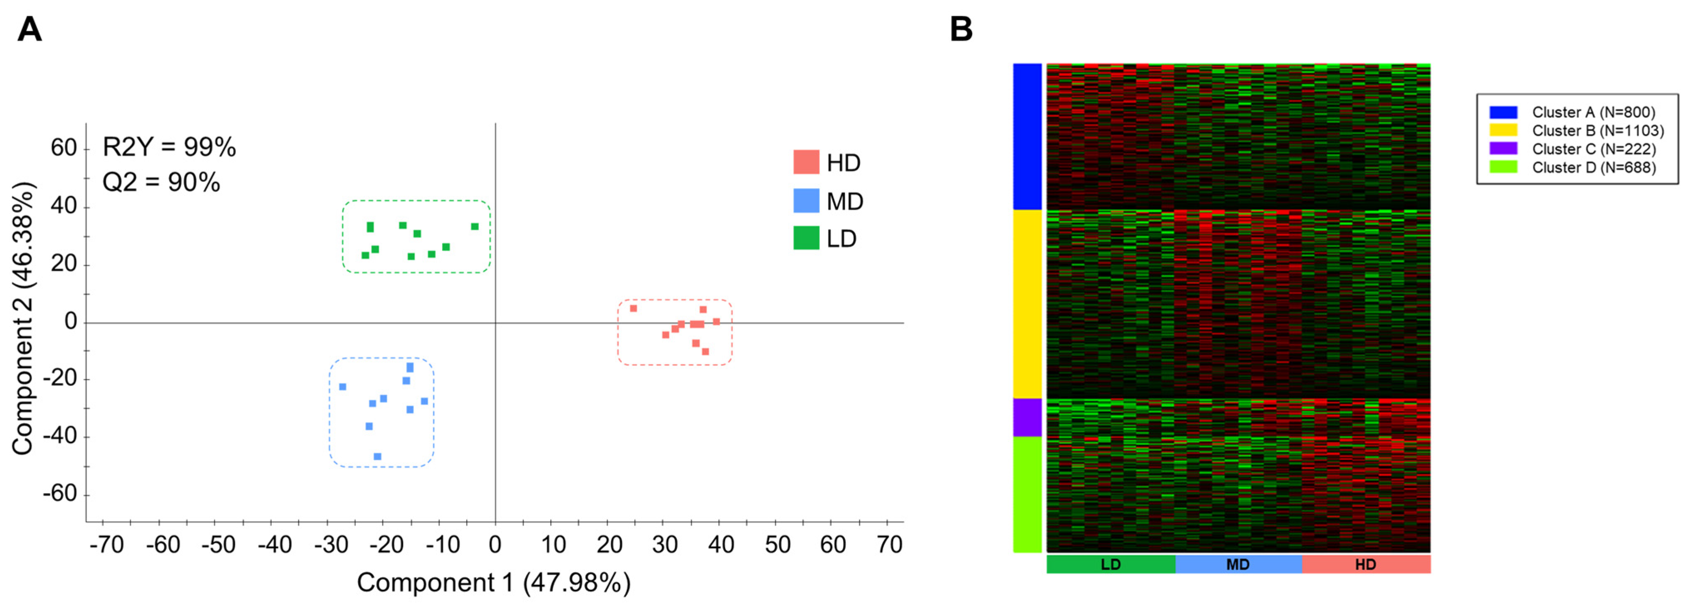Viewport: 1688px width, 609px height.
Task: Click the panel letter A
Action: click(x=30, y=30)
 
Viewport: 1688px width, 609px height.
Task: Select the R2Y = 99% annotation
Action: click(x=169, y=147)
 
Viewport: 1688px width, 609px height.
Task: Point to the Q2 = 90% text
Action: click(x=161, y=182)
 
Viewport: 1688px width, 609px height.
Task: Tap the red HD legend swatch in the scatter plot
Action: click(x=806, y=162)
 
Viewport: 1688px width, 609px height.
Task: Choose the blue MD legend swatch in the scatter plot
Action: click(x=806, y=201)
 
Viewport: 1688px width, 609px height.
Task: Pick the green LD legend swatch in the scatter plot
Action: click(x=806, y=238)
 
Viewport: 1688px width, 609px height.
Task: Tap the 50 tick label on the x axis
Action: click(x=778, y=545)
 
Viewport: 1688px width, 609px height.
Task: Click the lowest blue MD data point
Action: click(x=377, y=456)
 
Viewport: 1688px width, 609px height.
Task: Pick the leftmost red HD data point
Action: click(x=633, y=308)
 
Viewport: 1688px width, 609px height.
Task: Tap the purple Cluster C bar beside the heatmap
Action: click(x=1027, y=417)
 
